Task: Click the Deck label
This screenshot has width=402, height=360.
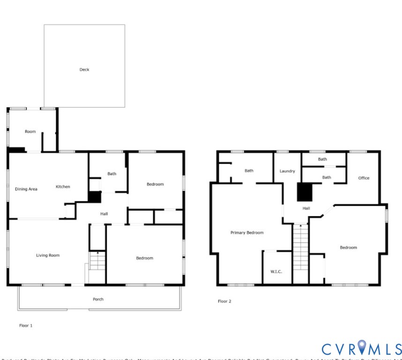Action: point(84,70)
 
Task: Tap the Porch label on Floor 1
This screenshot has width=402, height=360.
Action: point(98,299)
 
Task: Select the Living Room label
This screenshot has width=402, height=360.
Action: point(48,255)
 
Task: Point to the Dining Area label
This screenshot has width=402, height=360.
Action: point(26,189)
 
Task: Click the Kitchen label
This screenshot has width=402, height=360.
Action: point(63,187)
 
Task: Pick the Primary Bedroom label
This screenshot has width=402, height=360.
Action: point(246,232)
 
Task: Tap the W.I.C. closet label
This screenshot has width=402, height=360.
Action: point(276,271)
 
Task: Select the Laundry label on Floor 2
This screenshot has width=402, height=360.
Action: point(287,171)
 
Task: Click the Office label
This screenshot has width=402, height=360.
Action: point(364,178)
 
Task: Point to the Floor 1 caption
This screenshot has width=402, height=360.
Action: point(26,325)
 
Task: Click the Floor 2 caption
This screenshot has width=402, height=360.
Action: point(224,301)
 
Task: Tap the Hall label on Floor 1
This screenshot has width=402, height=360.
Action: point(104,214)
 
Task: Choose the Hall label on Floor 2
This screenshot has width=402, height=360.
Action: point(306,208)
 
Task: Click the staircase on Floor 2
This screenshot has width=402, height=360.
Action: point(300,253)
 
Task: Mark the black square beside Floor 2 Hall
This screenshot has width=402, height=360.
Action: point(305,192)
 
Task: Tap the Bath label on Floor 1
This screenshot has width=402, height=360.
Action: point(112,174)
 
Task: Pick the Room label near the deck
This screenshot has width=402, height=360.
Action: point(30,132)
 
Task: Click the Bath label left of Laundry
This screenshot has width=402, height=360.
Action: point(249,171)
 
